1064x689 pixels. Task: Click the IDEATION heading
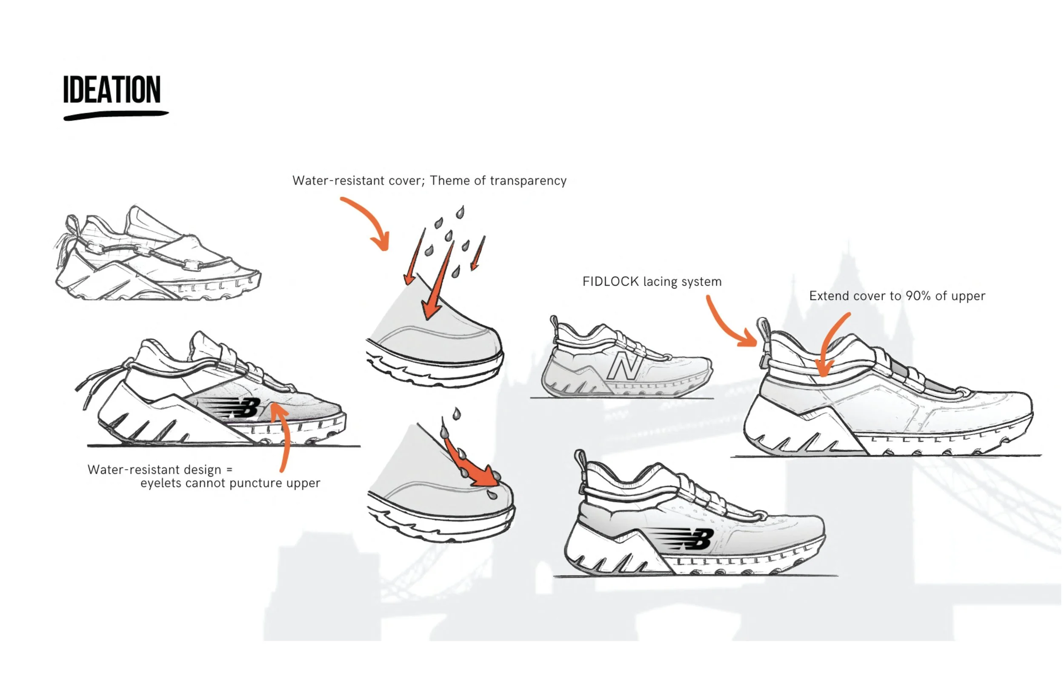pyautogui.click(x=112, y=89)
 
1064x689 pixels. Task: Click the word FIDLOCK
pyautogui.click(x=610, y=281)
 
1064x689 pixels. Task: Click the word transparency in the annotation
pyautogui.click(x=528, y=181)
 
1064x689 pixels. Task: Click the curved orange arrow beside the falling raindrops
pyautogui.click(x=369, y=221)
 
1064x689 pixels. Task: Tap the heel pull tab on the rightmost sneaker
pyautogui.click(x=763, y=331)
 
